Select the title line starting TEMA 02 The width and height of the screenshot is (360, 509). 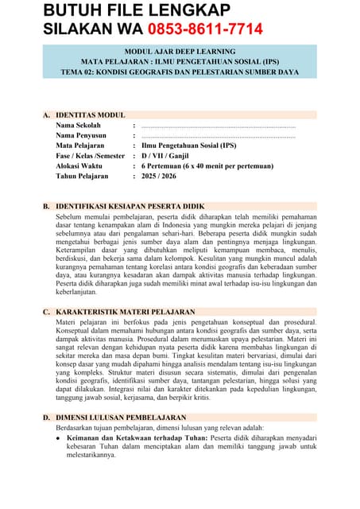tap(180, 72)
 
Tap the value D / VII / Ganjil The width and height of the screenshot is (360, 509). tap(170, 156)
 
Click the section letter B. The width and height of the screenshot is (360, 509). tap(46, 206)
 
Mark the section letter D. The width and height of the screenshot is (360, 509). tap(46, 418)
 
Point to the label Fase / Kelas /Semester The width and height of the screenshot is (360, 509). tap(91, 156)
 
